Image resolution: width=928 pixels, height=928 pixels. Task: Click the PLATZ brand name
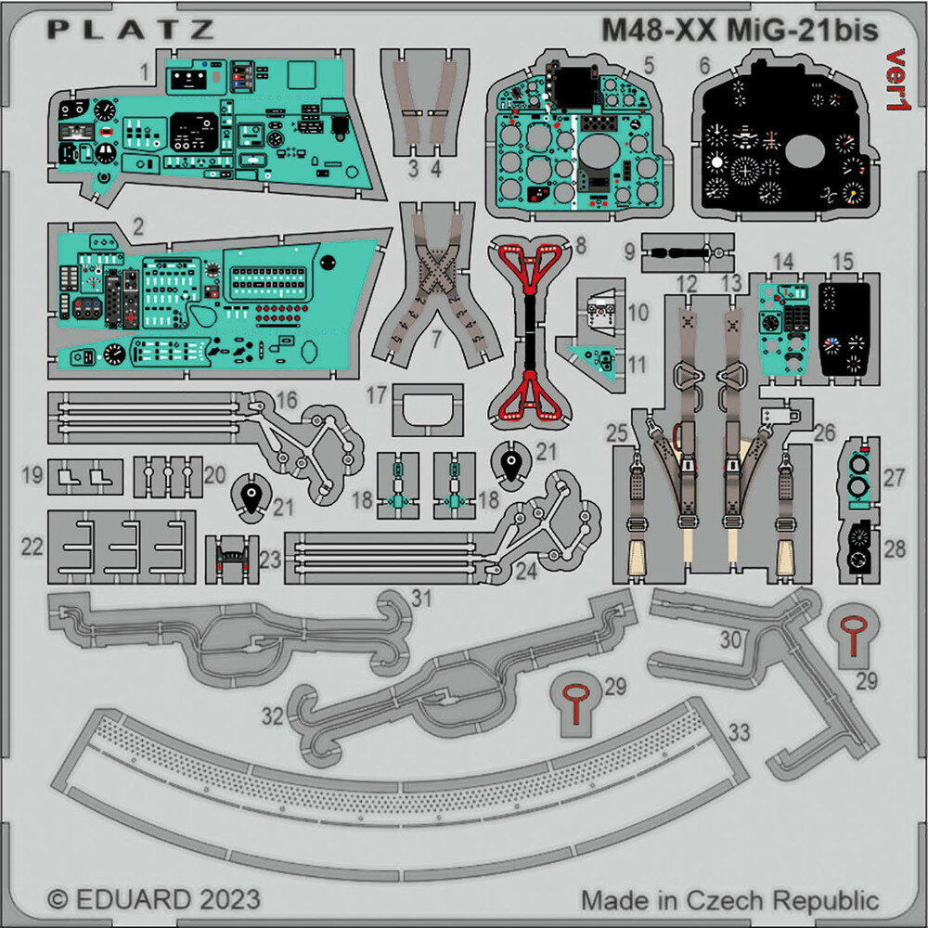point(130,30)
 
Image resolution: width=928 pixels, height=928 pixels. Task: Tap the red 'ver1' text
point(897,79)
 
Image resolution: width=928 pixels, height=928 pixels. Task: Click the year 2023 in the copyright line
point(229,899)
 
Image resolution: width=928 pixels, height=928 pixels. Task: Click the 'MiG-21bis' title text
point(802,31)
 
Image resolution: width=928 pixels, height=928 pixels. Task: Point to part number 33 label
point(739,733)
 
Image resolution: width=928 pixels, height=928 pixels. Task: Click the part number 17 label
point(377,394)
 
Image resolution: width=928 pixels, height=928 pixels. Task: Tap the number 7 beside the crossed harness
point(436,339)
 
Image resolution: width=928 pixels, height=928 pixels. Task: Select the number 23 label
point(270,560)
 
